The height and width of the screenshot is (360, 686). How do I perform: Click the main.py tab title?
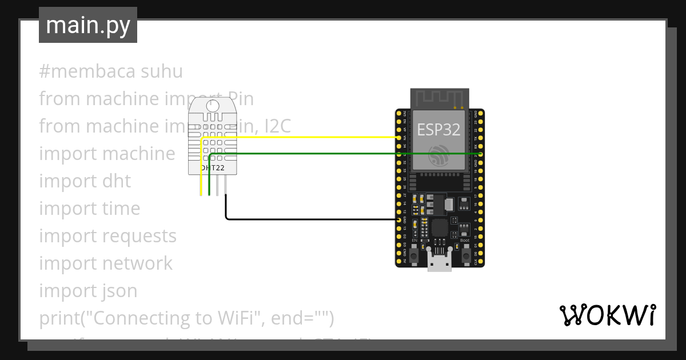click(x=87, y=25)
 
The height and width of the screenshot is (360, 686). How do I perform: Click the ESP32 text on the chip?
click(x=438, y=130)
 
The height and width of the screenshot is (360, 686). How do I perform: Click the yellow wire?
click(x=297, y=137)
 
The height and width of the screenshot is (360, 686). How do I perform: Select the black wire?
click(x=309, y=219)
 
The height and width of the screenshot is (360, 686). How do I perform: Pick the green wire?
click(x=343, y=154)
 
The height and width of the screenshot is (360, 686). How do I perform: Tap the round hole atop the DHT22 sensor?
click(x=212, y=105)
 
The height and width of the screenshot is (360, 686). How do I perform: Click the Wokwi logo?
click(x=607, y=315)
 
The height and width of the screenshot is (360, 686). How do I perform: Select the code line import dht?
click(x=85, y=181)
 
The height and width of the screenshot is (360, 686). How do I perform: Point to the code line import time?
click(x=90, y=209)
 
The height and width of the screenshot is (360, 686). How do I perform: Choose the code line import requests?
click(x=108, y=236)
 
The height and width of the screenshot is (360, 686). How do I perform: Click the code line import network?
click(x=106, y=263)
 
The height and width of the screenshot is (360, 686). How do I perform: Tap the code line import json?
click(x=88, y=291)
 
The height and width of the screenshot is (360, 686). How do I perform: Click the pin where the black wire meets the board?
click(x=398, y=219)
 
